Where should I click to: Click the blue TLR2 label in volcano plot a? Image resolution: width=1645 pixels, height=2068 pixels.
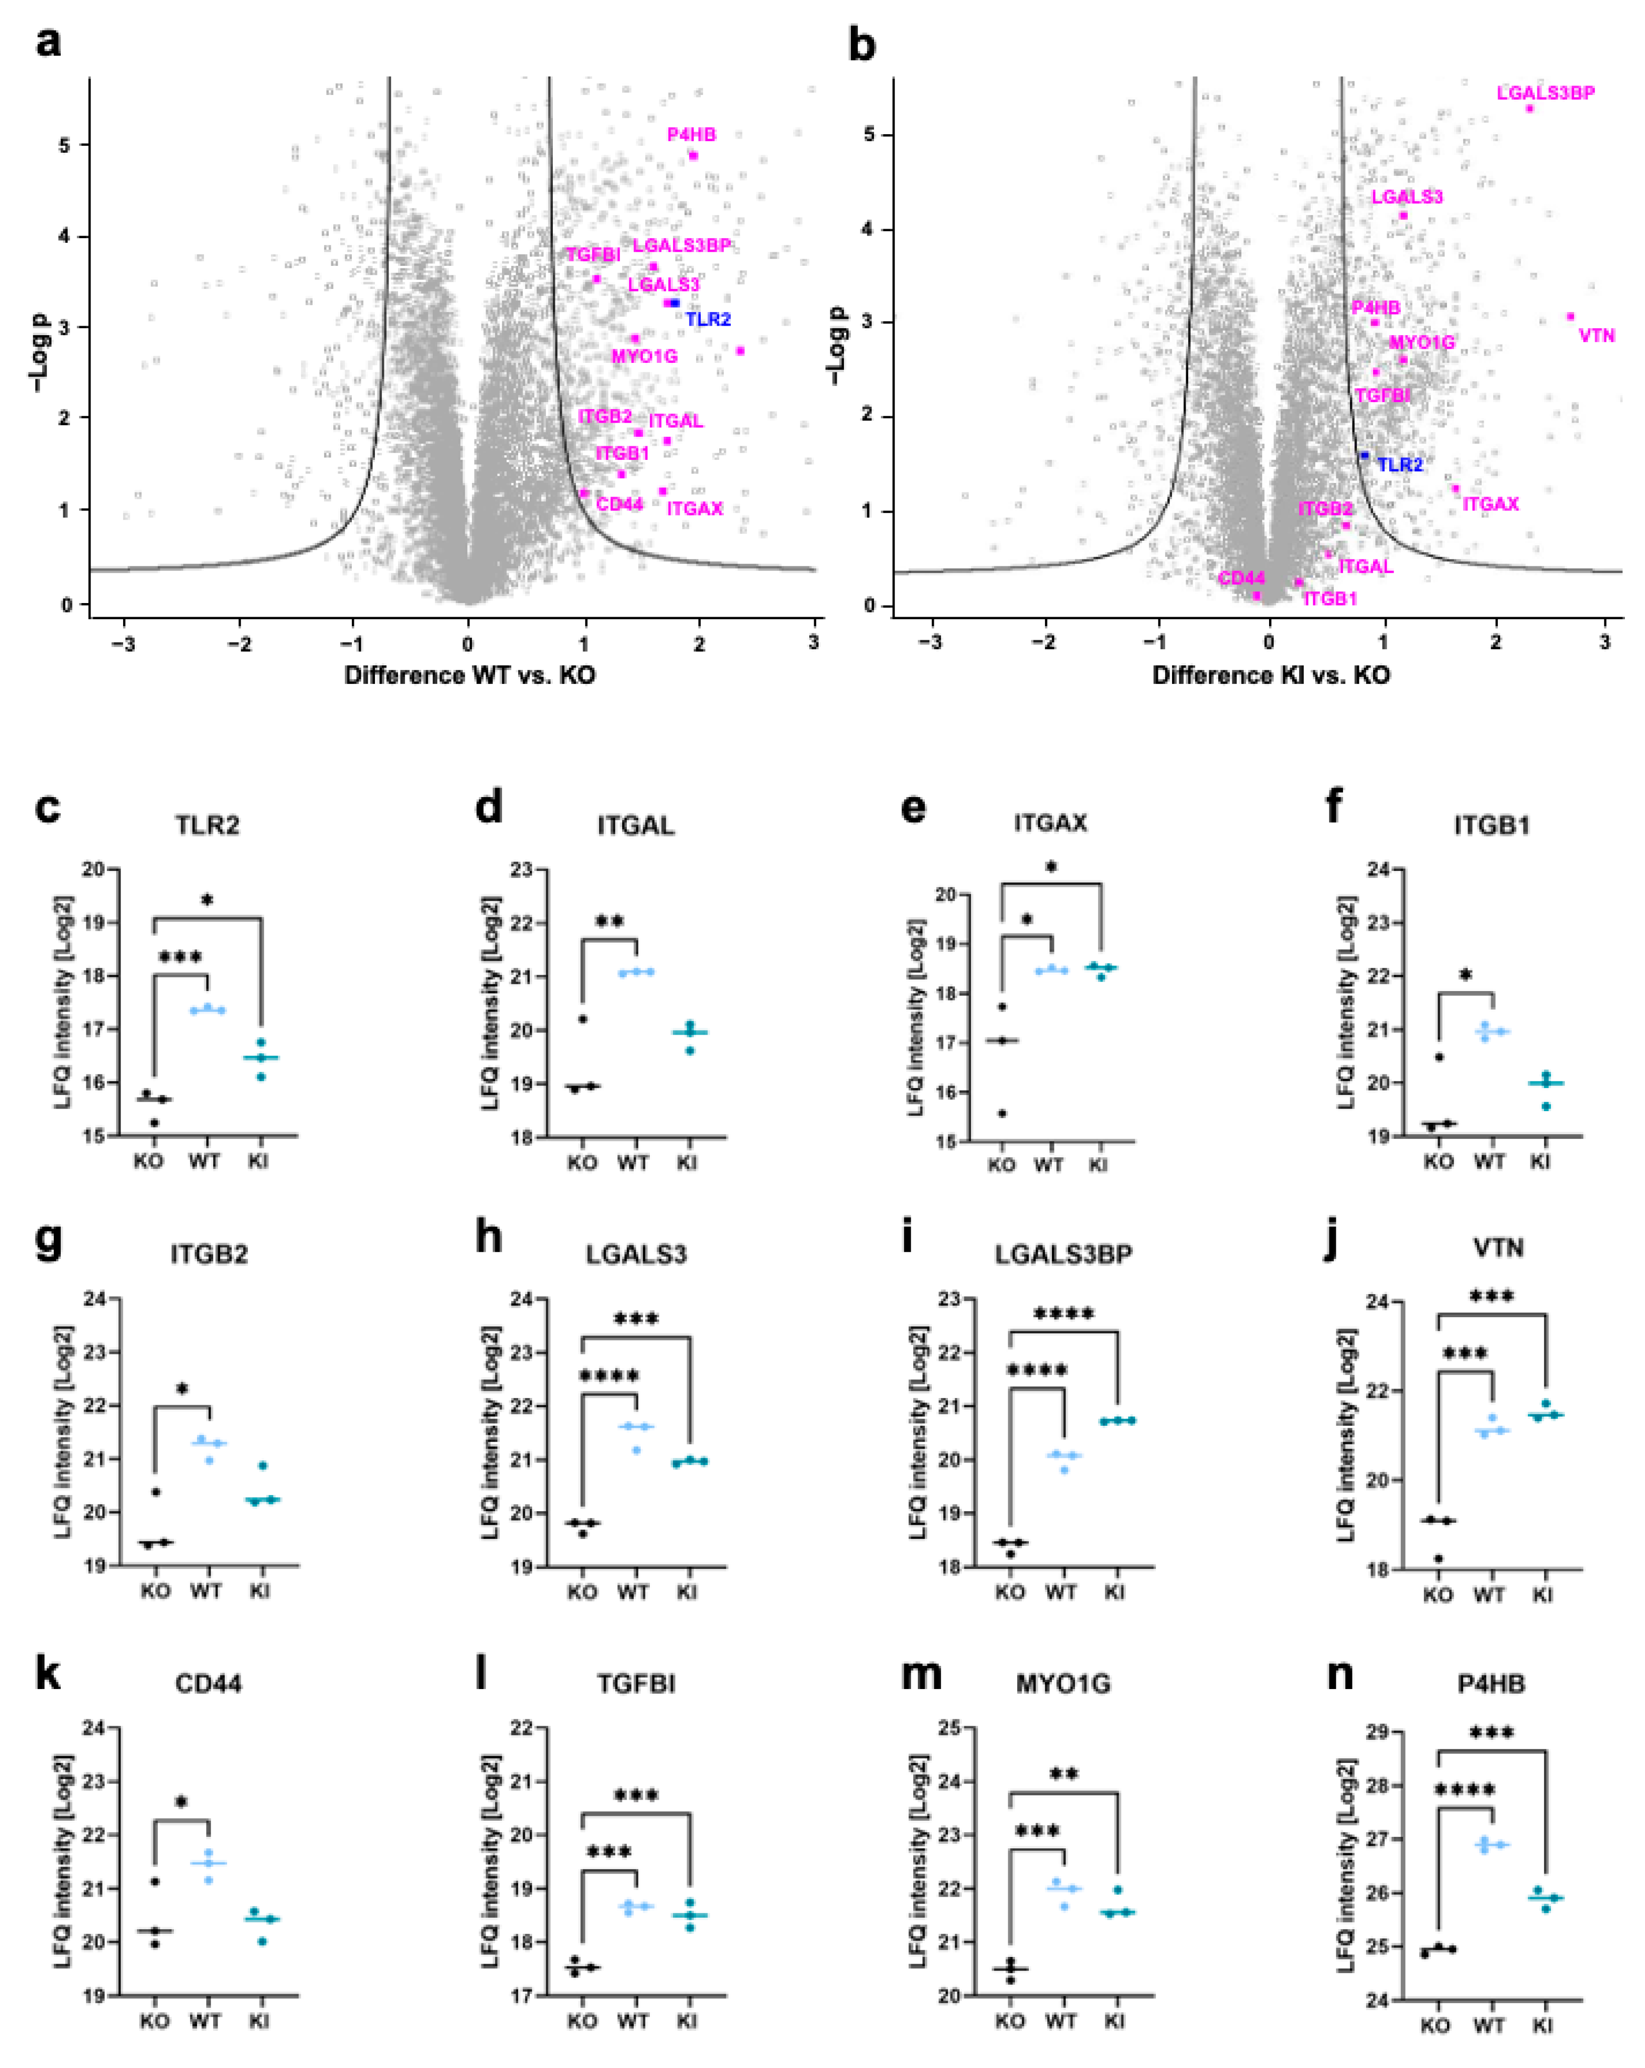707,320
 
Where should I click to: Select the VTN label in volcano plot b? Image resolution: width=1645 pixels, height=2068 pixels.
1596,336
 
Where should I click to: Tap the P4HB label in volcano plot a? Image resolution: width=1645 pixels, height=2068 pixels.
692,135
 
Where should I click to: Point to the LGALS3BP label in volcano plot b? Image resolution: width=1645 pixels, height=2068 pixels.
1545,93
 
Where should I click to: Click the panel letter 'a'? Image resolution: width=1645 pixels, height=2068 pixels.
48,43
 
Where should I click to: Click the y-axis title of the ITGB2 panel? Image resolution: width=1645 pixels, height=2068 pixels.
63,1432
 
